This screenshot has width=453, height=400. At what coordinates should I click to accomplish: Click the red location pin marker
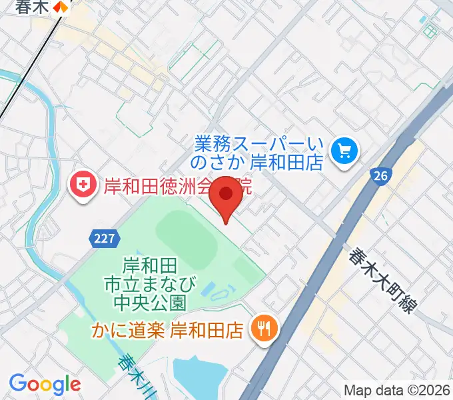click(226, 197)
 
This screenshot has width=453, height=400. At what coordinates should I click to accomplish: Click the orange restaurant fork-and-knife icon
click(262, 327)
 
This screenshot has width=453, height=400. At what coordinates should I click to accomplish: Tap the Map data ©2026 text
click(397, 390)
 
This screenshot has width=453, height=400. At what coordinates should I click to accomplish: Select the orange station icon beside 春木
click(61, 7)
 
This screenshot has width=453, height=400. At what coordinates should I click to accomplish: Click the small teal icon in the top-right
click(430, 31)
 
